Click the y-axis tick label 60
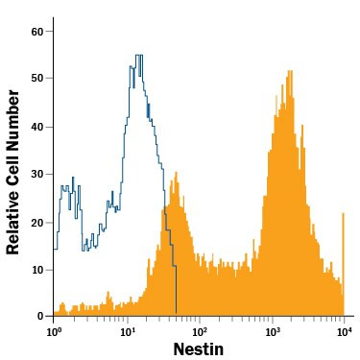(x=36, y=32)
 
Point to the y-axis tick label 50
(x=36, y=79)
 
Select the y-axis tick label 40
(x=36, y=127)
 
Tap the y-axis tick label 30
(x=36, y=174)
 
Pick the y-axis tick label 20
(x=36, y=222)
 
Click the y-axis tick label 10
(x=36, y=269)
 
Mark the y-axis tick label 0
(x=39, y=316)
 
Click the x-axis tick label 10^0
(x=54, y=332)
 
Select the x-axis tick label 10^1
(x=128, y=332)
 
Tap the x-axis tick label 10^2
(x=200, y=332)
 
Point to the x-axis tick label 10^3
(x=273, y=332)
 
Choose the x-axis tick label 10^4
(x=344, y=332)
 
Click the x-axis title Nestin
(x=199, y=349)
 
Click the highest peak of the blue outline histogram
(x=139, y=56)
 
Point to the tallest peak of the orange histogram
(x=289, y=71)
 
